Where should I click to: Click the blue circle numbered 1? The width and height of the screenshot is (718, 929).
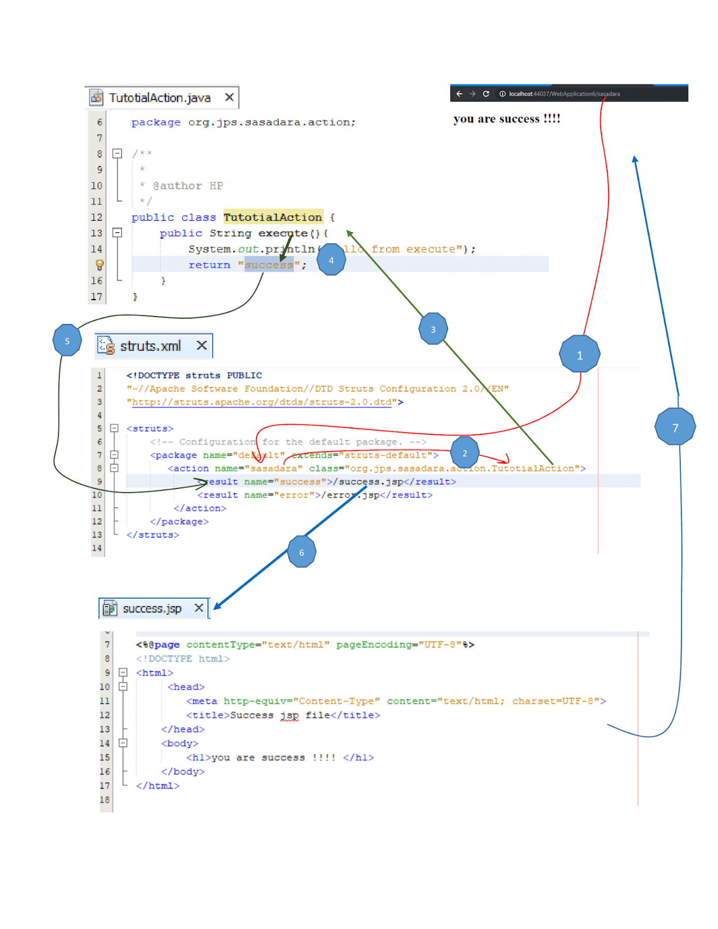579,354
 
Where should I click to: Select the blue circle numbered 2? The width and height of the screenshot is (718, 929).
464,452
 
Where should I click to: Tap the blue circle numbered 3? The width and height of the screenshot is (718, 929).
433,329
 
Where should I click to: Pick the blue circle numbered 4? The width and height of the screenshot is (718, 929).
331,260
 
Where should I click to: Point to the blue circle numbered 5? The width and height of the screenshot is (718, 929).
67,340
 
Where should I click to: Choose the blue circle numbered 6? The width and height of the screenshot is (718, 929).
302,552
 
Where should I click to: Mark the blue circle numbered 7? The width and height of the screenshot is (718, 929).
675,427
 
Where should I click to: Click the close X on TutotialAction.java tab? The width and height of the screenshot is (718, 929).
229,97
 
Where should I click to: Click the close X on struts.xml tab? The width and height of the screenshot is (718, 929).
201,345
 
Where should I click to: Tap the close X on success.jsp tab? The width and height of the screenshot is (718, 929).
199,607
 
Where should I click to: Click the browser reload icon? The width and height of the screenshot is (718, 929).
486,93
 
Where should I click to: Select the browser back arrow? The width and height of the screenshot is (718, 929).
459,93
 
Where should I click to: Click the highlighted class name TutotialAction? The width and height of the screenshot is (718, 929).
273,217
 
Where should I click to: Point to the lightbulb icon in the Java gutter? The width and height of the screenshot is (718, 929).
99,265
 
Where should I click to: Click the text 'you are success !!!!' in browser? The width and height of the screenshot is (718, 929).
507,119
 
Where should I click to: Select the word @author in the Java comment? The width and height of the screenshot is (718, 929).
177,186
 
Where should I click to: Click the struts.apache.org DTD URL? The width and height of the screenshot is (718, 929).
262,402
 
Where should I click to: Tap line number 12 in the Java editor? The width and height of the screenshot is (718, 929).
96,217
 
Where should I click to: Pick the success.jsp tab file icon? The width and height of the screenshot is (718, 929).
110,608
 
